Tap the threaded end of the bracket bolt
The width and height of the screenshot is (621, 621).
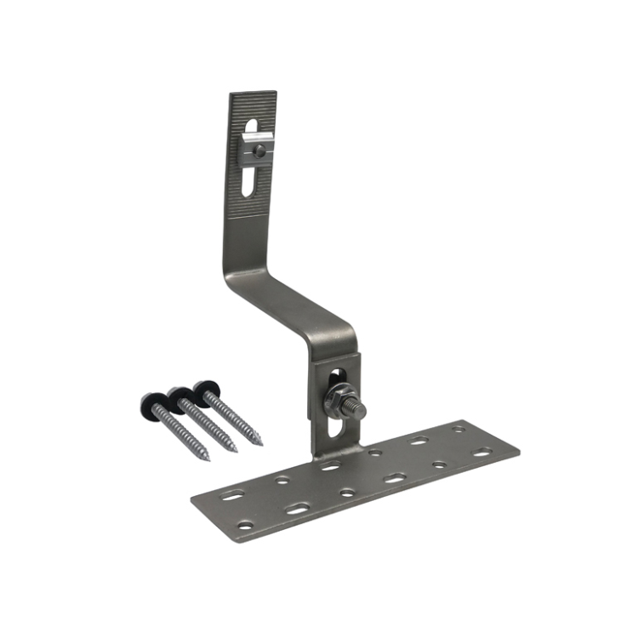click(x=362, y=410)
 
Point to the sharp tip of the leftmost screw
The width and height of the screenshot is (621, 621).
click(x=208, y=459)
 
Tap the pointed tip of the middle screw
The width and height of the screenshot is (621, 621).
click(x=236, y=451)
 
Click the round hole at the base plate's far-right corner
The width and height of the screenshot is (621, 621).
click(x=459, y=429)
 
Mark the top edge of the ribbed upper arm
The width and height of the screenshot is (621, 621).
click(x=253, y=92)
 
